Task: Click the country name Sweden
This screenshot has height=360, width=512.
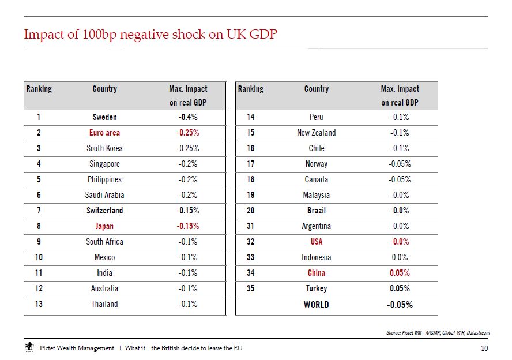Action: [x=104, y=117]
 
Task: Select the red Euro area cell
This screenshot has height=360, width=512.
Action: [x=104, y=133]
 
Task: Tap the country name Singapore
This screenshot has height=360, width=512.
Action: [x=104, y=164]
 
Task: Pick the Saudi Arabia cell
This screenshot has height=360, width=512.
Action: [x=104, y=195]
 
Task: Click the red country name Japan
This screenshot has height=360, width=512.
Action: [x=104, y=226]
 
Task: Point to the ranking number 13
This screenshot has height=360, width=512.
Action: [x=39, y=304]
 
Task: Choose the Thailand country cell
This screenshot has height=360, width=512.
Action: [x=104, y=304]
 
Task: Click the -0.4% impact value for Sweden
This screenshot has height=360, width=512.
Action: [x=188, y=117]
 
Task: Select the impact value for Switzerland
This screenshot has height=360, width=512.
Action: [x=188, y=211]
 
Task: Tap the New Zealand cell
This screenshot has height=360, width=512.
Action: [x=317, y=133]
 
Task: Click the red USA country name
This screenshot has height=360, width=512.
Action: [x=317, y=242]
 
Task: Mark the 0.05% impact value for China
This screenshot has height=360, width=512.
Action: [x=400, y=273]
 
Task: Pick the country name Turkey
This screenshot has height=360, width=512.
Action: [x=317, y=288]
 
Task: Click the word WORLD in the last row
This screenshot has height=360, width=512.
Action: [x=317, y=305]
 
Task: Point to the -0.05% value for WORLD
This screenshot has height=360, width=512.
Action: [x=400, y=305]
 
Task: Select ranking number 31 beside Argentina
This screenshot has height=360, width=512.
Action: [x=250, y=226]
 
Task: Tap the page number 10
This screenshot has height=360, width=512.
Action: [x=484, y=348]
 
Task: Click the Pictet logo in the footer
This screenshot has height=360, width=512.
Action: [x=29, y=347]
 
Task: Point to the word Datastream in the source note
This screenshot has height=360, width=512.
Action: [x=479, y=333]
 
